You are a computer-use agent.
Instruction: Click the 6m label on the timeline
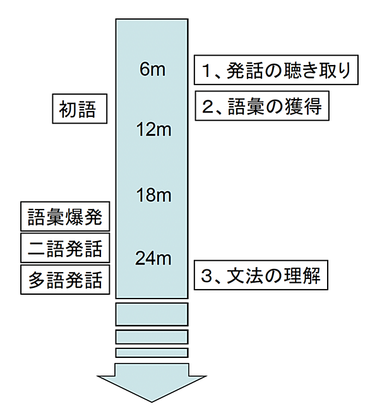tap(152, 69)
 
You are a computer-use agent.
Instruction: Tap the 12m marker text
tap(154, 129)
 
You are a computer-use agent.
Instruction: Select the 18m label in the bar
tap(154, 194)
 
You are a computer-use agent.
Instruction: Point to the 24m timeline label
tap(153, 258)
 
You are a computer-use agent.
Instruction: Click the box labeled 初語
tap(80, 109)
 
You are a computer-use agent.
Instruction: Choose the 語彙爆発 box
tap(65, 216)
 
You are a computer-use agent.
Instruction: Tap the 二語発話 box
tap(65, 248)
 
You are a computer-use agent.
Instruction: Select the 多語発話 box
tap(65, 280)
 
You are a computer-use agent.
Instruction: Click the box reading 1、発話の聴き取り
tap(276, 69)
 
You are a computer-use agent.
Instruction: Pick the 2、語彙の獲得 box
tap(262, 105)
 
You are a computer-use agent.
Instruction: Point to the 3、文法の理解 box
tap(261, 275)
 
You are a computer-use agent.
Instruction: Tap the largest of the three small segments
tap(152, 314)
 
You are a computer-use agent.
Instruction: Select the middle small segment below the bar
tap(152, 337)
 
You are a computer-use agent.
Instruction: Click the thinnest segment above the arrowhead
tap(152, 353)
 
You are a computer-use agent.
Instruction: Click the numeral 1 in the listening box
tap(206, 71)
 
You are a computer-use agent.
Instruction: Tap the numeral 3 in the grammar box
tap(206, 276)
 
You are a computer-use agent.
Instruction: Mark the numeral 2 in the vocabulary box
tap(208, 107)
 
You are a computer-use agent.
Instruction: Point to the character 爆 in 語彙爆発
tap(74, 216)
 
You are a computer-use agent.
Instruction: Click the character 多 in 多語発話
tap(37, 280)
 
